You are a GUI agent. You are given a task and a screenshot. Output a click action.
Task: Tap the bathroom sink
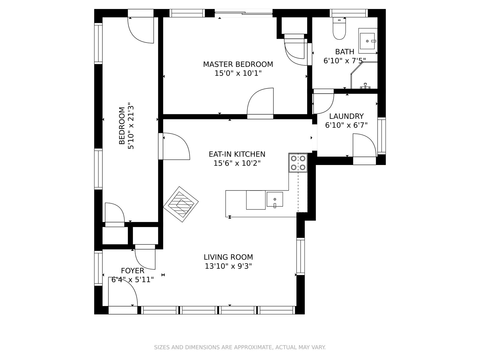367,41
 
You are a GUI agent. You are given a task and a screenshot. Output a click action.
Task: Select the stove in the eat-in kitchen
298,163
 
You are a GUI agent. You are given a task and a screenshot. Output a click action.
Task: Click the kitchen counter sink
275,199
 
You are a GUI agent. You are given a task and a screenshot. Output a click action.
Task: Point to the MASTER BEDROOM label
238,64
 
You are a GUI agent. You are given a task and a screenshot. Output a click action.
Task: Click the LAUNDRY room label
346,116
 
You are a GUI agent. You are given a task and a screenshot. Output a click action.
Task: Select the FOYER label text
133,271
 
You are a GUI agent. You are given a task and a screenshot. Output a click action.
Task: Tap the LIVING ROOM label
228,257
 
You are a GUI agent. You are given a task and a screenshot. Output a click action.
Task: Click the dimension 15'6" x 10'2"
237,163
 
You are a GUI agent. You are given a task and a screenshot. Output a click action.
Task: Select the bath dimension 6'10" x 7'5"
345,61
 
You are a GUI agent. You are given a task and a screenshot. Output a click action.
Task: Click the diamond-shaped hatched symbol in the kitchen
181,204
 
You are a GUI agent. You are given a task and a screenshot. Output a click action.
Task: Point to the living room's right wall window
300,256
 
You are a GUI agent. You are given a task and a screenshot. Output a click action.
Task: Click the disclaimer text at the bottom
240,347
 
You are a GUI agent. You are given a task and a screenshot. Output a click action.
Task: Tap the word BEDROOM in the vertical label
122,126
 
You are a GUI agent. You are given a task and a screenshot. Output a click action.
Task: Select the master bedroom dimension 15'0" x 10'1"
238,73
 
